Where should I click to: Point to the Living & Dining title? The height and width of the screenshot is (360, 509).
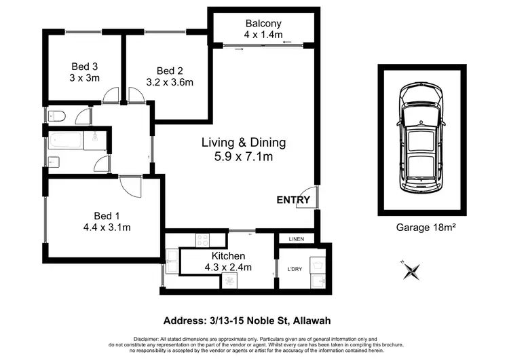click(244, 143)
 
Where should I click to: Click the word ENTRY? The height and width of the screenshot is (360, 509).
click(293, 200)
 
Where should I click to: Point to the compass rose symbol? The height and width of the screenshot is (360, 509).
click(409, 271)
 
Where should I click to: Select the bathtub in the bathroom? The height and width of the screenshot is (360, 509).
click(65, 142)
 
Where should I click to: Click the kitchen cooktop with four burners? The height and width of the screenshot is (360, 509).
click(202, 239)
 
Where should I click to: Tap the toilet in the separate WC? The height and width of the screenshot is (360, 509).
click(56, 116)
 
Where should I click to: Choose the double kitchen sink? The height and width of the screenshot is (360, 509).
click(171, 261)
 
